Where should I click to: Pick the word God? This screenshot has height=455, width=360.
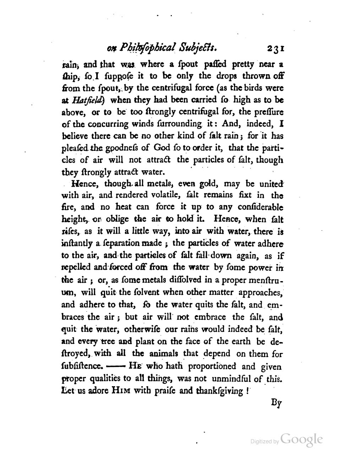pyautogui.click(x=162, y=147)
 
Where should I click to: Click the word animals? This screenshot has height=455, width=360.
pyautogui.click(x=163, y=353)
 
